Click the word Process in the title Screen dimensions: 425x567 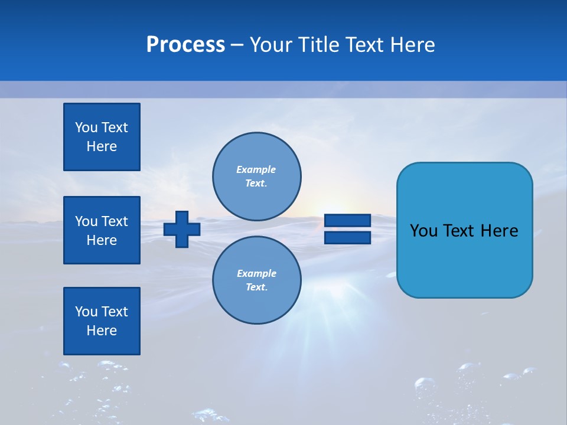185,45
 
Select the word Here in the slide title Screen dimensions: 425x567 413,45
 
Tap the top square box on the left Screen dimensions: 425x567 102,137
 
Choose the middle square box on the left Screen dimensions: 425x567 102,230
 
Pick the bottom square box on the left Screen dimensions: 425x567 102,321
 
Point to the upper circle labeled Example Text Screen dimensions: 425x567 257,176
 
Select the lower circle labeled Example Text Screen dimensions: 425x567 257,280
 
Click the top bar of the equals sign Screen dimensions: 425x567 347,221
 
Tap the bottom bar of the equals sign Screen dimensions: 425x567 347,238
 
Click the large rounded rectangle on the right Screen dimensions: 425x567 464,230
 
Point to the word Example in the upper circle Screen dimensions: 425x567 256,169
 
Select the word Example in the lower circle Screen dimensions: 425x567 256,273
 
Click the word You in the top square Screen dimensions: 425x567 86,127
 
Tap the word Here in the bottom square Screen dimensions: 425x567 102,331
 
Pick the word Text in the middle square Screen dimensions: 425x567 115,221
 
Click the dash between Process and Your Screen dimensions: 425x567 237,45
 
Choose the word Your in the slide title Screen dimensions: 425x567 271,45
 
